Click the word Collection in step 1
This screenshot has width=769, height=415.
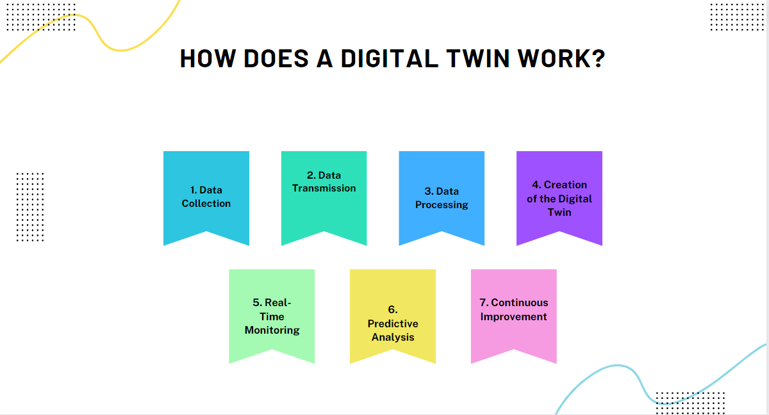[206, 204]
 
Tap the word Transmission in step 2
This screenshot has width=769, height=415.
[324, 188]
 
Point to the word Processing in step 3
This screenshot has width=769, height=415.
[442, 205]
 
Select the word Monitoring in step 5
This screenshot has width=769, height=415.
[272, 330]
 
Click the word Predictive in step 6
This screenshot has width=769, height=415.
[393, 323]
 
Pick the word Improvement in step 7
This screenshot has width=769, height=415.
[514, 316]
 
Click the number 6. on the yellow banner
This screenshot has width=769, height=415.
[393, 309]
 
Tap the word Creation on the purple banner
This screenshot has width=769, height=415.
[565, 184]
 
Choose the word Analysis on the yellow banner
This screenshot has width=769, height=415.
[393, 337]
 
